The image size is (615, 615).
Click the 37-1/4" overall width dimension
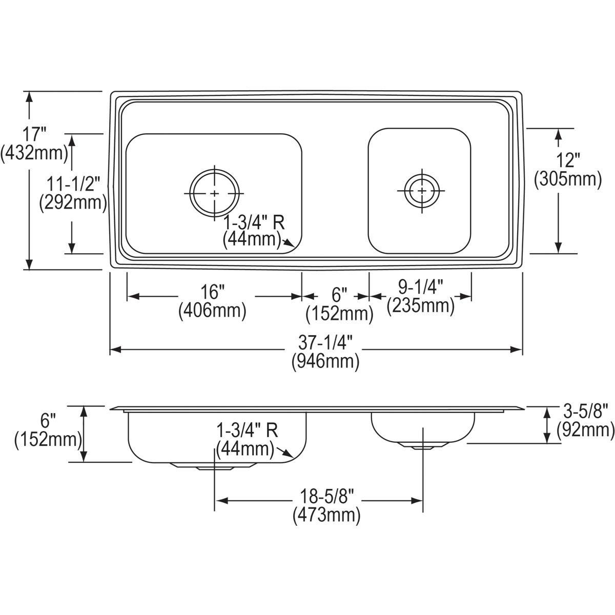pos(325,344)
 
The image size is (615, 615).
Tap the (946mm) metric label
pos(325,362)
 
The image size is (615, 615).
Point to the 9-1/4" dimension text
pos(420,288)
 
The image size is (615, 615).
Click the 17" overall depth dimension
pos(34,134)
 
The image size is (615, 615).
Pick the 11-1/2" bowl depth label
pos(73,184)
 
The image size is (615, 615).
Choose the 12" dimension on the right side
pos(568,160)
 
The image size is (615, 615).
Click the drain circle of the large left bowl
pos(214,193)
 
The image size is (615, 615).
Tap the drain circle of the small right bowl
pos(422,191)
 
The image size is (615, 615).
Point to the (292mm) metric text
pos(73,203)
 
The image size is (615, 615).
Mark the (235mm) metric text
pos(421,306)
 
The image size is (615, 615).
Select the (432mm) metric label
pos(34,153)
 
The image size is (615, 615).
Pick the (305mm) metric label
pos(568,179)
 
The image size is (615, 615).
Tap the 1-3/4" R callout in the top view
pos(254,222)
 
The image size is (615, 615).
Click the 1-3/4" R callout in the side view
pos(248,431)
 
